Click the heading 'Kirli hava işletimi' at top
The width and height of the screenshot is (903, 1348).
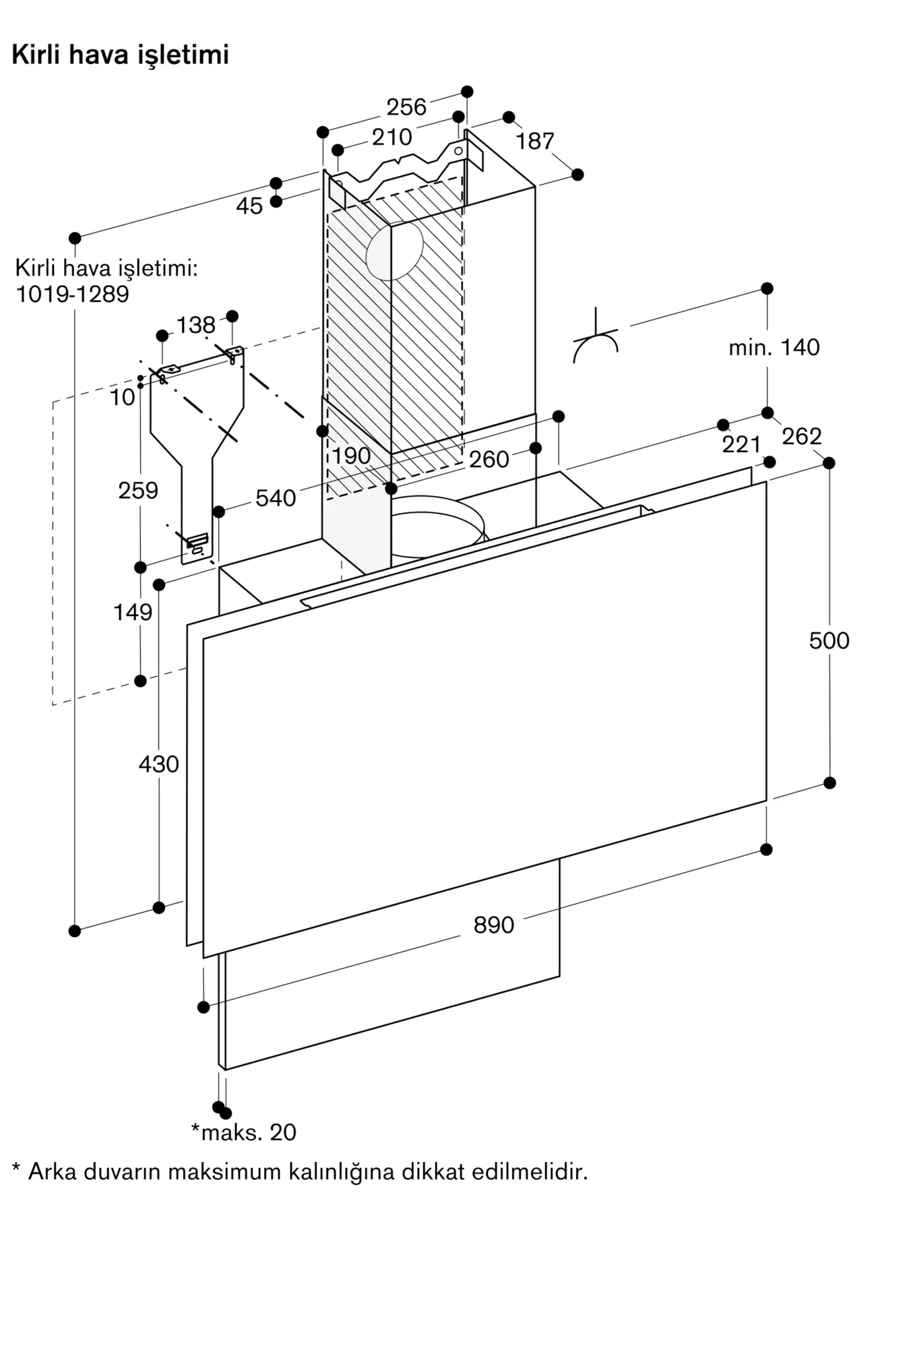tap(121, 55)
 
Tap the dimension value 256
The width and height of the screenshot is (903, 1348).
tap(406, 107)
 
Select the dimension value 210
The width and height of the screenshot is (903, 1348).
tap(392, 137)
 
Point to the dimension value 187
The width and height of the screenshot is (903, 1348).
tap(535, 142)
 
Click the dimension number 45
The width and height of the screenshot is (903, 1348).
tap(249, 206)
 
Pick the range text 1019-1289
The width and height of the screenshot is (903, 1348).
tap(72, 295)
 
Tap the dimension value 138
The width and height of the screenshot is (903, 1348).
tap(195, 326)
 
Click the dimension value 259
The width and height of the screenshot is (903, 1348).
tap(138, 491)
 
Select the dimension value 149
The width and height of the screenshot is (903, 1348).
tap(133, 613)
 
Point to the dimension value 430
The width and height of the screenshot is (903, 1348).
tap(158, 764)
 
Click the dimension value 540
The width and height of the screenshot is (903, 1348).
tap(276, 499)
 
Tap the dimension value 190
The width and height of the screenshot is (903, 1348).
tap(351, 456)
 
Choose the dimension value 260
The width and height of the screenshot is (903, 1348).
tap(489, 460)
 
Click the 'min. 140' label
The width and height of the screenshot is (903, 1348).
tap(774, 348)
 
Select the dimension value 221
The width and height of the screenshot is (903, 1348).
tap(741, 445)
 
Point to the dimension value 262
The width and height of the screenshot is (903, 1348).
tap(802, 437)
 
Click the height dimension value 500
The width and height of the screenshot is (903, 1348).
tap(829, 641)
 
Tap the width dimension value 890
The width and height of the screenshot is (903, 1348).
tap(493, 925)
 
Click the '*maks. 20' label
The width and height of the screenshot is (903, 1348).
tap(244, 1132)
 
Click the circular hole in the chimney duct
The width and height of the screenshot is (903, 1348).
tap(394, 251)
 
